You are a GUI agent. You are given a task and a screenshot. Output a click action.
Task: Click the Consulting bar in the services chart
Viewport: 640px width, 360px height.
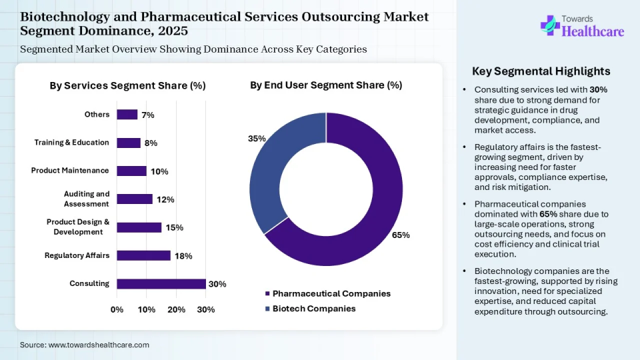pos(161,284)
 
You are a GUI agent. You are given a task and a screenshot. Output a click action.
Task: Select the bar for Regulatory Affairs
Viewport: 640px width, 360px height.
pos(143,255)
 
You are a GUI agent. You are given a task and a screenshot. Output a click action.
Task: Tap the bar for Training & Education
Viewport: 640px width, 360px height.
pos(129,143)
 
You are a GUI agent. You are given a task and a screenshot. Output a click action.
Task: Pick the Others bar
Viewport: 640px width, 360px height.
pos(127,115)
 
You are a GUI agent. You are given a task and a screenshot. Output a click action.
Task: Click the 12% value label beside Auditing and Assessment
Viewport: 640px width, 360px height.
pos(166,199)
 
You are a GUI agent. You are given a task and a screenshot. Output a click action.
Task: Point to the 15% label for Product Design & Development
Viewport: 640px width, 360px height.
pos(175,227)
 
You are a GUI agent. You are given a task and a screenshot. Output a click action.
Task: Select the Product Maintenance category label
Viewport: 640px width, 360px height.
pos(70,171)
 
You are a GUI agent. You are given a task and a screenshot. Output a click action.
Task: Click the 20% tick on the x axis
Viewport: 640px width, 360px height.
pos(176,309)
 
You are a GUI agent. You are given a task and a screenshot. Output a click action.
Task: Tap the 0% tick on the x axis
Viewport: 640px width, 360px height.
pos(117,309)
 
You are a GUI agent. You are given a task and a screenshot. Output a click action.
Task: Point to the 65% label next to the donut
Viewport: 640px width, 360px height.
pos(401,235)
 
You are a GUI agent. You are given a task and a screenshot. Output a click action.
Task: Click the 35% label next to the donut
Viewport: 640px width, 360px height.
pos(257,139)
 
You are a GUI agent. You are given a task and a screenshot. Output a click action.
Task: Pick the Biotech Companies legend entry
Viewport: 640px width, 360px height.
pos(314,309)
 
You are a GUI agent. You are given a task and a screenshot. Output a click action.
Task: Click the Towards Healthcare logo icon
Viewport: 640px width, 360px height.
pos(550,25)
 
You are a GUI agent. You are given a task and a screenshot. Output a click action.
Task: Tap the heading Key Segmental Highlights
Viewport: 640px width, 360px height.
pos(541,71)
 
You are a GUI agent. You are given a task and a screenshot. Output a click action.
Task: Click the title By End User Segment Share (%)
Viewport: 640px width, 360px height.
pos(326,85)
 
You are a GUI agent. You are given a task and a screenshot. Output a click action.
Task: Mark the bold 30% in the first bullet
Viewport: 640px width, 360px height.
pos(599,89)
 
